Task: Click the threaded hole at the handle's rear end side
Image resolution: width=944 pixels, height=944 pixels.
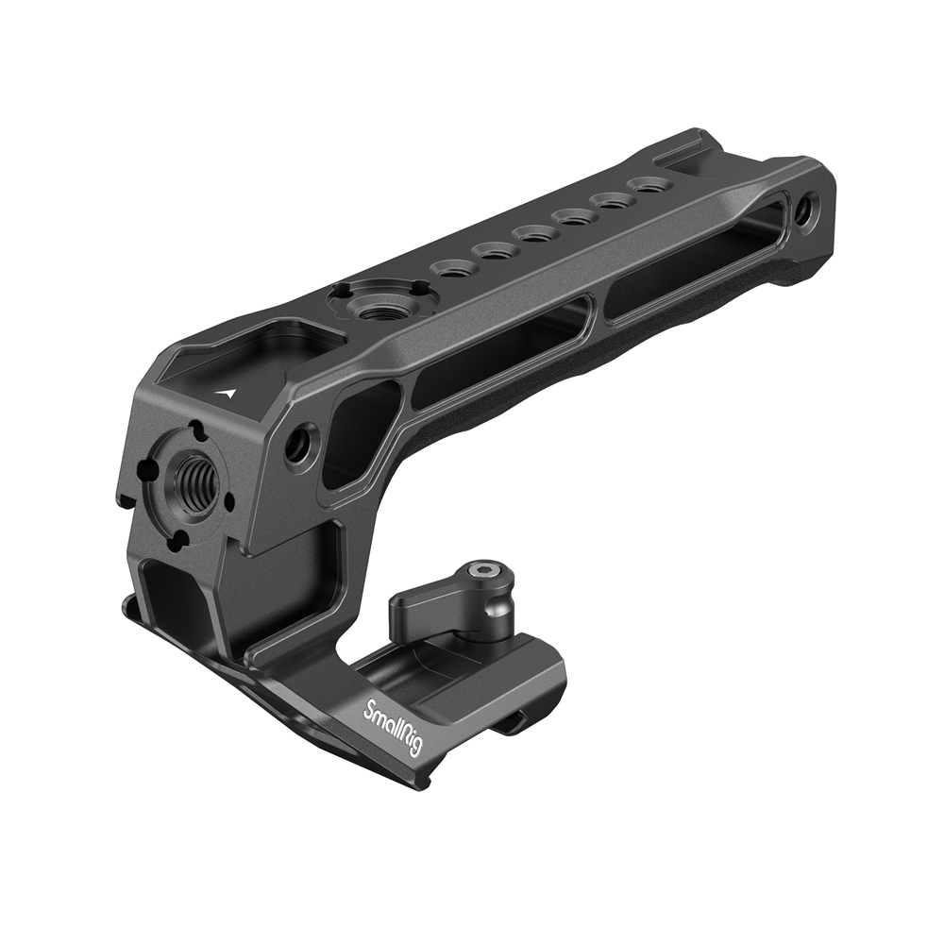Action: tap(807, 211)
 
